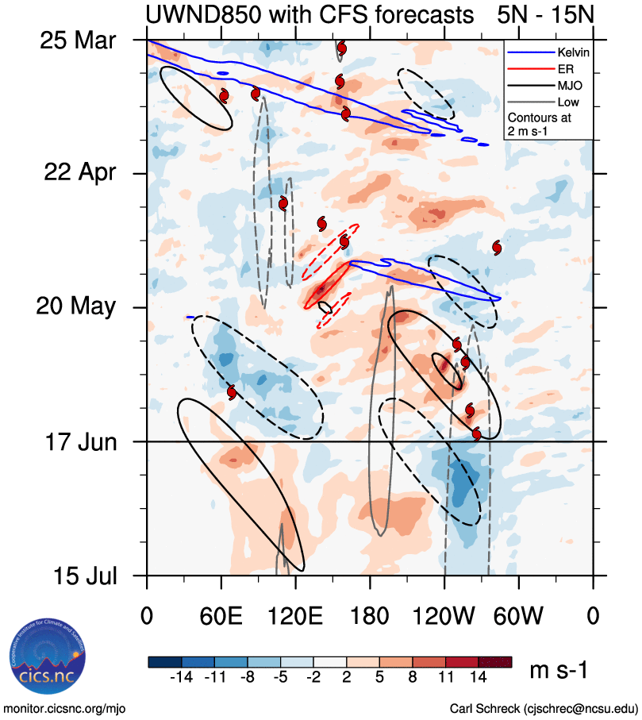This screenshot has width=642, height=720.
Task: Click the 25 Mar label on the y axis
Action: tap(78, 39)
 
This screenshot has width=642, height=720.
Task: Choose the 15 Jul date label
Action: tap(79, 575)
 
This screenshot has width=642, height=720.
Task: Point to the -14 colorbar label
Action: tap(181, 677)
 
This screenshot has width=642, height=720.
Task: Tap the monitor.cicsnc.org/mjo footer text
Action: tap(65, 707)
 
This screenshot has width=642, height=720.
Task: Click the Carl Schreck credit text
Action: tap(544, 707)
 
